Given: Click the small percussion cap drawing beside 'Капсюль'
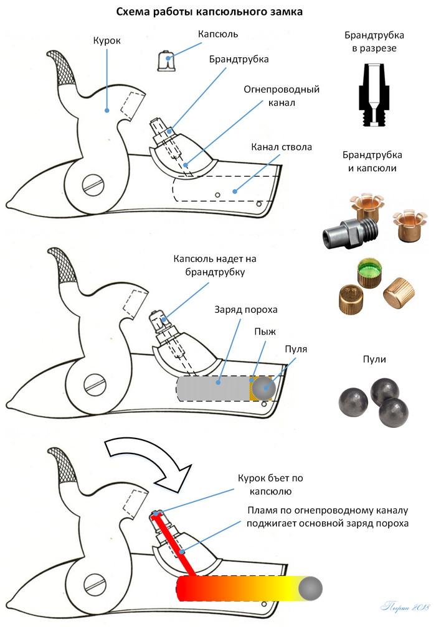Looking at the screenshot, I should (x=166, y=60).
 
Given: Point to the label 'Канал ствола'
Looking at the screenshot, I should (x=282, y=147).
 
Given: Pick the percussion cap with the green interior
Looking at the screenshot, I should (x=368, y=272).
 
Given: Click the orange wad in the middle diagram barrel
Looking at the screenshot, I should (x=253, y=388).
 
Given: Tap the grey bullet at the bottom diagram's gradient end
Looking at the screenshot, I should (x=310, y=587).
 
